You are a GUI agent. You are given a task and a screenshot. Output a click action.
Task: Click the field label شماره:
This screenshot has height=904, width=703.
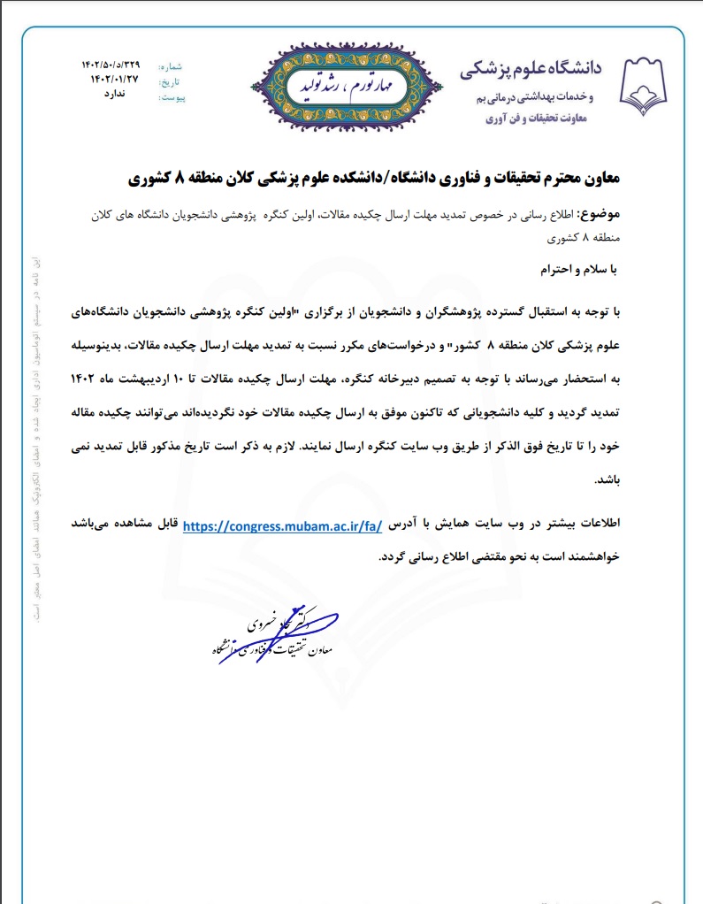point(170,66)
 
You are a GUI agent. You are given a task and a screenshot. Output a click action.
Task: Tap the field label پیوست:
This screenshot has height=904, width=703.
point(171,96)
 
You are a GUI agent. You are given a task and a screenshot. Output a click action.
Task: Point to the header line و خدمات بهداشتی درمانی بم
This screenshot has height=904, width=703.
point(546,96)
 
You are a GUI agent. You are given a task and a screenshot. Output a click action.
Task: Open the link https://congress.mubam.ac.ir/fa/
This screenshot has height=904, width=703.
point(281,525)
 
